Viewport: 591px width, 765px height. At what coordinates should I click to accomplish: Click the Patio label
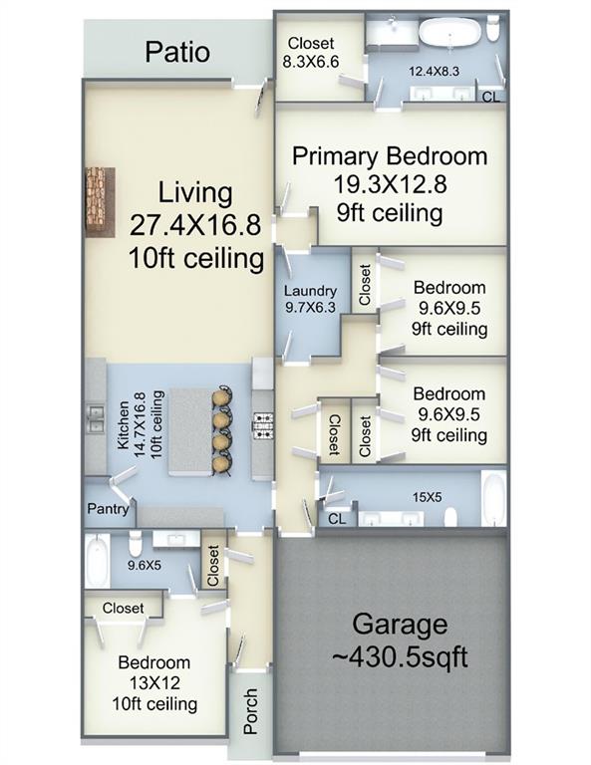pos(178,52)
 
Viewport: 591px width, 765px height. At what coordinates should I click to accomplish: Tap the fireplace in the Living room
pos(99,201)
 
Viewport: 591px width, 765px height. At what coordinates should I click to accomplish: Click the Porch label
pos(250,710)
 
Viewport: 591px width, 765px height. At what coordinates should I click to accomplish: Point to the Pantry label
pos(108,509)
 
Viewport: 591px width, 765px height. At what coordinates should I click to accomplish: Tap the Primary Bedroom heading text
pos(390,156)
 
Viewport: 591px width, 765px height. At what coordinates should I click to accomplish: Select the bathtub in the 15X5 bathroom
pos(493,497)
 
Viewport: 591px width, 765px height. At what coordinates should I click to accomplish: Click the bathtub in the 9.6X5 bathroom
pos(97,561)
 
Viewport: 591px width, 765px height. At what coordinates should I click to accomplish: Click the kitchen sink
pos(96,415)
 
